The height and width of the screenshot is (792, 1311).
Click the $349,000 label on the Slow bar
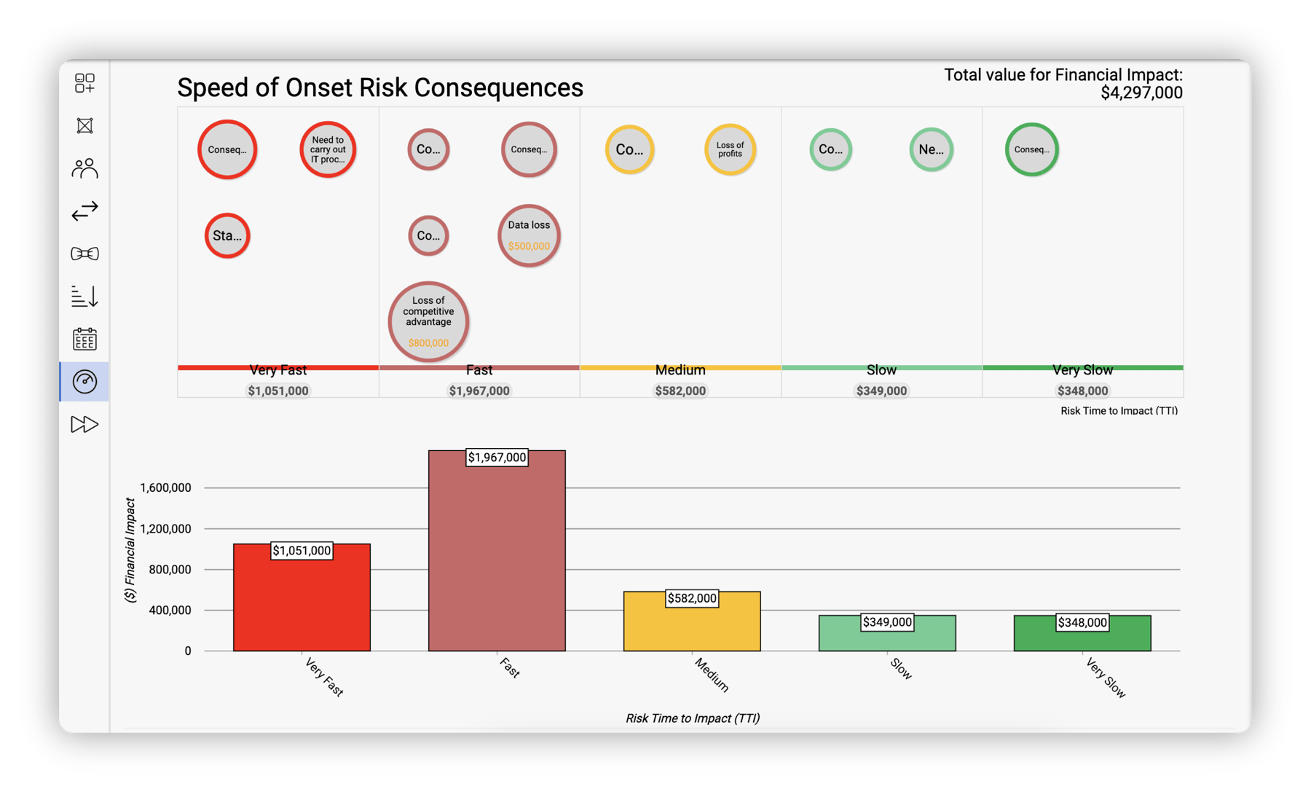[x=887, y=622]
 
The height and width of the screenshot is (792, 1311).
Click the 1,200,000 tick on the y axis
[x=165, y=529]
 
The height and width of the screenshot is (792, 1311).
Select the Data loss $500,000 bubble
[x=529, y=235]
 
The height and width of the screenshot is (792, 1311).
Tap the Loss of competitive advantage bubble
[x=428, y=321]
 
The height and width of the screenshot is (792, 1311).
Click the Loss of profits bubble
[x=730, y=149]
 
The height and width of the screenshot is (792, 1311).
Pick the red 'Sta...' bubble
[x=227, y=235]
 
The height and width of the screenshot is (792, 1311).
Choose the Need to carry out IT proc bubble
[x=328, y=149]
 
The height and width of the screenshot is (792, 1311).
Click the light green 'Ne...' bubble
[x=931, y=149]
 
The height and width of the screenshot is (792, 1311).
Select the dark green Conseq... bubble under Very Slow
[x=1031, y=149]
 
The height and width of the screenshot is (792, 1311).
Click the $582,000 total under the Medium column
[x=680, y=391]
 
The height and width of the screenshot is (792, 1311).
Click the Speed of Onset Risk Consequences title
[x=380, y=87]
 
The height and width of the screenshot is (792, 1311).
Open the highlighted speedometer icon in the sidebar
[x=84, y=381]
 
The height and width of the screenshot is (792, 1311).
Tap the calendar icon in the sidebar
[x=84, y=339]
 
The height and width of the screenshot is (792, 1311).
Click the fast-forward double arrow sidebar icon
[x=84, y=424]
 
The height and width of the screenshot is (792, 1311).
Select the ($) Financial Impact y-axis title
[x=130, y=550]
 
